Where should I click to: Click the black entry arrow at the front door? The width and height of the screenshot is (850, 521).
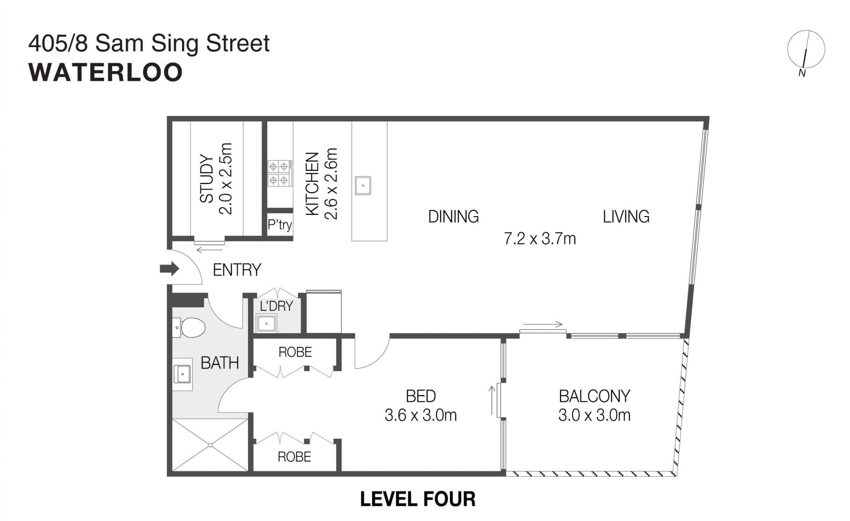click(170, 268)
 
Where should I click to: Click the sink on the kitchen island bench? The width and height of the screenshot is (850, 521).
click(363, 186)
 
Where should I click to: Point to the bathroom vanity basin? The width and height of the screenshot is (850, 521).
click(182, 374)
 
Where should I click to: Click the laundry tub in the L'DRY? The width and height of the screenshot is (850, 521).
click(267, 323)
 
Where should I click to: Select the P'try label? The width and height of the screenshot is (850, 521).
click(280, 225)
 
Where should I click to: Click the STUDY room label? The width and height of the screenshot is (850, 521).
click(207, 179)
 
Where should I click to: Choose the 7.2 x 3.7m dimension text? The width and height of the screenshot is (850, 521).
click(540, 239)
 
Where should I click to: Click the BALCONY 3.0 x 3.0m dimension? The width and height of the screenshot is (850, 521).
click(595, 415)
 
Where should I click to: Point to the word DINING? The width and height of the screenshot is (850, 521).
click(453, 217)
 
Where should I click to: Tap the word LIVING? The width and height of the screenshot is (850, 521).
click(626, 217)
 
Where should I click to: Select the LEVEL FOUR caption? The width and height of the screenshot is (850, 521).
click(418, 499)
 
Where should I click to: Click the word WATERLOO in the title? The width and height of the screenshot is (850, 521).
click(105, 73)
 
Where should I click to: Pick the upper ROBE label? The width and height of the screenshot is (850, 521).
click(295, 352)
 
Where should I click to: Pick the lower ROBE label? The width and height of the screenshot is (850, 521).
click(294, 457)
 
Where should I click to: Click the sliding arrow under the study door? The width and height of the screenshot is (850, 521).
click(210, 250)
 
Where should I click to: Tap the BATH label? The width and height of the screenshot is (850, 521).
click(220, 363)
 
